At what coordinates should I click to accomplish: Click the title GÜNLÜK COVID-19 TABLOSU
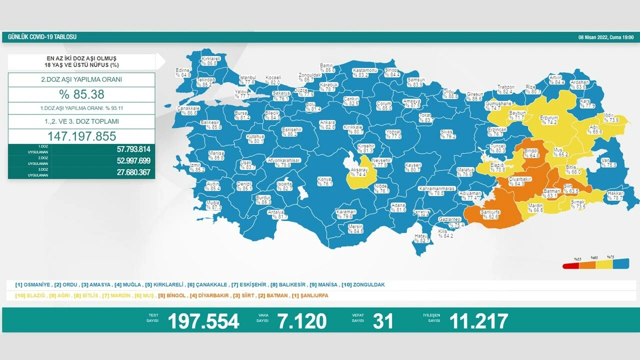click(42, 37)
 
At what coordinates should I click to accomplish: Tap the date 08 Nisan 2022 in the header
click(605, 37)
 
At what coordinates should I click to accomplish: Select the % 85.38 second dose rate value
click(81, 94)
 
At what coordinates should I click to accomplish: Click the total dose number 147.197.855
click(81, 136)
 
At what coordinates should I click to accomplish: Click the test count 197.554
click(203, 321)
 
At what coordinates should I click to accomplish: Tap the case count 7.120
click(303, 321)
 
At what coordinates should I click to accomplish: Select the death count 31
click(383, 321)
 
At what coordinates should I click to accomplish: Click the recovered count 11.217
click(478, 321)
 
